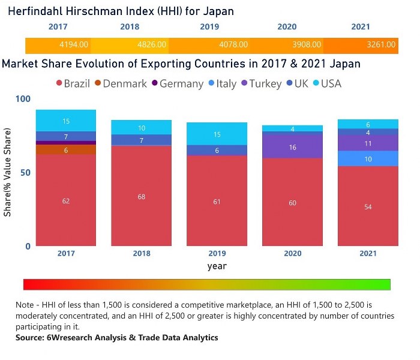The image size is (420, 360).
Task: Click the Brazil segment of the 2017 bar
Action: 66,200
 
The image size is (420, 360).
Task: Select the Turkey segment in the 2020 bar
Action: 292,146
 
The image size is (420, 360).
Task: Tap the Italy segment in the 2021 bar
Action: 368,158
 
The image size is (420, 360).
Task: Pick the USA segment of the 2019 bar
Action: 217,134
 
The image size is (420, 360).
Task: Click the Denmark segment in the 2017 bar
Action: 66,150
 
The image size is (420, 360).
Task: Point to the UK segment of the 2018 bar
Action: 142,140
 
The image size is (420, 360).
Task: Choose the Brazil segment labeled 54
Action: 368,206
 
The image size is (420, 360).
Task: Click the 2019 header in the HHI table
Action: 210,27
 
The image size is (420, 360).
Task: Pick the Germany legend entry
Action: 178,84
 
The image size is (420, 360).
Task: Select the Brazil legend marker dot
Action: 59,84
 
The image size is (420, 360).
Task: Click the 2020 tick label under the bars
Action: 292,253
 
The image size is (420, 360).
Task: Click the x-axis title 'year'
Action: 217,266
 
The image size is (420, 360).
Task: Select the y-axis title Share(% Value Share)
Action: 8,172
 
